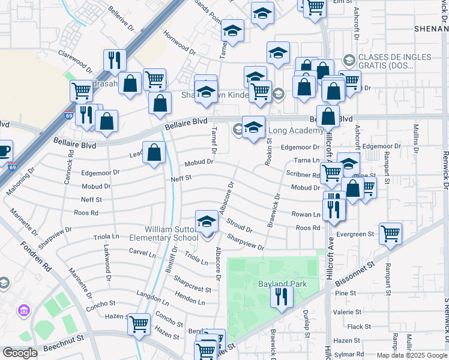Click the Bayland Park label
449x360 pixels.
(282, 283)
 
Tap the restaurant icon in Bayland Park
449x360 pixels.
(280, 296)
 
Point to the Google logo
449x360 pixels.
(20, 353)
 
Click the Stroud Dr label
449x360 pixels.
(240, 225)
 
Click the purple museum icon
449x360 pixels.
(24, 310)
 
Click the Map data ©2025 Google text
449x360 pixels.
(411, 355)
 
